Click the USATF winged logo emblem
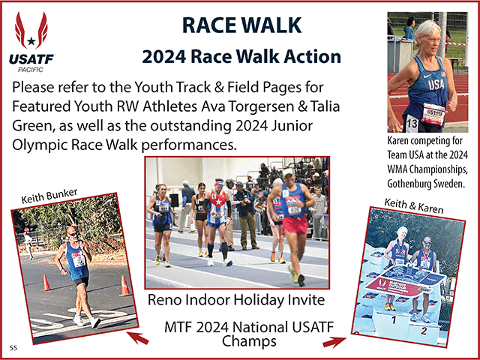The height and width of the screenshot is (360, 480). tap(31, 31)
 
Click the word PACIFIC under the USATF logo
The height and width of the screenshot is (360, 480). tap(30, 70)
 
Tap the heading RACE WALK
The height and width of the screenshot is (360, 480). tap(241, 25)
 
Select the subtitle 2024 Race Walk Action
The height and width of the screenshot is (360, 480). tap(241, 57)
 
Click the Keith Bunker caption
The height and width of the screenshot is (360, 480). tap(49, 196)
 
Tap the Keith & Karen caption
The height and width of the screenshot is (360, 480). tap(413, 205)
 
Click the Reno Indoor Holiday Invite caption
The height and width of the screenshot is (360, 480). tap(236, 300)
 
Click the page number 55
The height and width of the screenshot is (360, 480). tap(13, 348)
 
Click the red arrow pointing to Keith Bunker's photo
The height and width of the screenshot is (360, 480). tap(138, 337)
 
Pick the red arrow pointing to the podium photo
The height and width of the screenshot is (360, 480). tap(334, 342)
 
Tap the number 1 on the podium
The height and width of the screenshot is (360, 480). tap(394, 320)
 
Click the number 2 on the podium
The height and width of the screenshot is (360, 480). tap(424, 331)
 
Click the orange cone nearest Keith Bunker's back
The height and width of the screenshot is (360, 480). tap(46, 283)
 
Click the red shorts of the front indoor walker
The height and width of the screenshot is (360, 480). tap(295, 225)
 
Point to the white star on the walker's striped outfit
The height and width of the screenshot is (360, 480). tap(219, 202)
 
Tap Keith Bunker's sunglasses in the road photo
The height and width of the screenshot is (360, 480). tap(73, 234)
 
